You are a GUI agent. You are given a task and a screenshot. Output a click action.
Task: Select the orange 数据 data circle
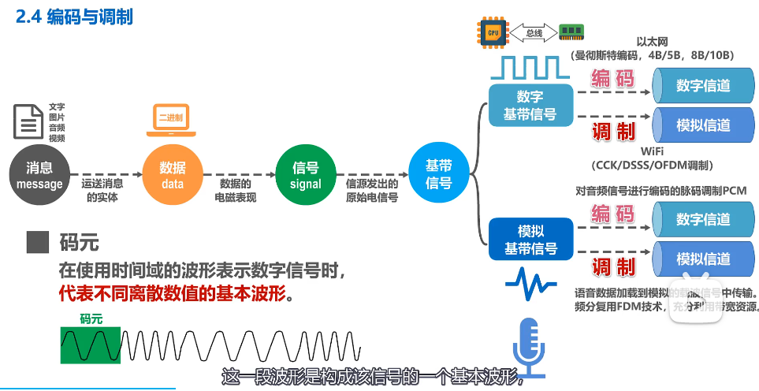pos(172,176)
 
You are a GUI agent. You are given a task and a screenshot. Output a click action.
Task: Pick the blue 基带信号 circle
pos(438,175)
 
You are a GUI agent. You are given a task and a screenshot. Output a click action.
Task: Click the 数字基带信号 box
pos(530,106)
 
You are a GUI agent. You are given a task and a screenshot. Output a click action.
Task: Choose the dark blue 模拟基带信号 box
pos(530,240)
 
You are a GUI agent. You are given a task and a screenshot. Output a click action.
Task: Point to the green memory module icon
pos(571,32)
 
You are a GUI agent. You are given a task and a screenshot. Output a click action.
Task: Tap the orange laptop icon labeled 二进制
pos(170,118)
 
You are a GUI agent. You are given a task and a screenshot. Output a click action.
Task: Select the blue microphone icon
pos(528,342)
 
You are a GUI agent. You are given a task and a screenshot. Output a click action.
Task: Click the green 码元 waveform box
pos(91,344)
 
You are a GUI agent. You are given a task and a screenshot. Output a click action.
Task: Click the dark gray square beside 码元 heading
pos(33,243)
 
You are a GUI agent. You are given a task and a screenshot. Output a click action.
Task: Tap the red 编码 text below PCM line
pos(613,214)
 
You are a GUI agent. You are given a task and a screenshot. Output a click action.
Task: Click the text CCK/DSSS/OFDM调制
pos(652,165)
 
